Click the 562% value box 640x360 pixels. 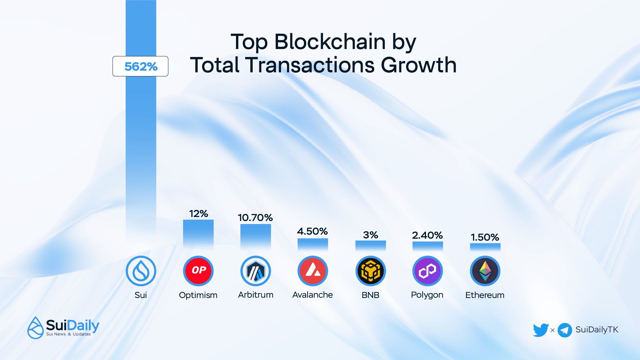point(140,66)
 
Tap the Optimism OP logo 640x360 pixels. point(198,271)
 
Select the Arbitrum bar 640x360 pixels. point(256,237)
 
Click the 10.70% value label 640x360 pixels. point(255,218)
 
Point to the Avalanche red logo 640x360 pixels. point(313,271)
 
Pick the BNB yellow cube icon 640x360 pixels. point(370,271)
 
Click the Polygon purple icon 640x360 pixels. point(428,271)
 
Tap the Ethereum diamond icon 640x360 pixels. point(485,271)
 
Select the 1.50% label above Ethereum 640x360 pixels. point(485,237)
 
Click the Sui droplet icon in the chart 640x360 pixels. point(141,271)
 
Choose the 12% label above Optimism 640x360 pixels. point(198,214)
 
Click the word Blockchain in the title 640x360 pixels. point(330,42)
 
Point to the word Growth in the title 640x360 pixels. point(419,65)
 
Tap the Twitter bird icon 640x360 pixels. point(540,330)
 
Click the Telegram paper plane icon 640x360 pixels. point(565,330)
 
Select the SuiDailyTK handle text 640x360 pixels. point(597,330)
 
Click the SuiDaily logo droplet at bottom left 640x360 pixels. point(35,328)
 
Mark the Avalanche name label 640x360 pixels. point(312,295)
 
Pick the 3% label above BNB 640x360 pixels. point(370,235)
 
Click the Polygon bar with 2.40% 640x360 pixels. point(428,246)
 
